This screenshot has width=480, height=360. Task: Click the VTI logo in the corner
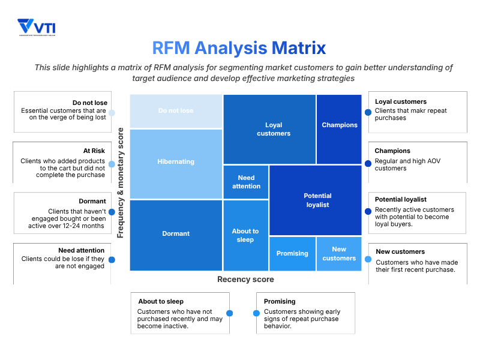37,28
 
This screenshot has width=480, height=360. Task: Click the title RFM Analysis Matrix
239,47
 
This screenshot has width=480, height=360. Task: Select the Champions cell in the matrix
340,125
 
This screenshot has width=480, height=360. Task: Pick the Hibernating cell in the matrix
176,161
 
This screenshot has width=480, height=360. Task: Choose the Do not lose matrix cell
176,111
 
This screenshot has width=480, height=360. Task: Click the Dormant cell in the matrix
176,234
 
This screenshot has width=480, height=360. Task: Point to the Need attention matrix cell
246,182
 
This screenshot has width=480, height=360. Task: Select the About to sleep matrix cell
245,235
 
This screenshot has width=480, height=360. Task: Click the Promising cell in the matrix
292,254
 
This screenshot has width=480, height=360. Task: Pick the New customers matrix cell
339,254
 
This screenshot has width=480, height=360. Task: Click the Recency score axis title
245,280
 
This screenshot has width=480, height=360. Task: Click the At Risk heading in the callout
94,151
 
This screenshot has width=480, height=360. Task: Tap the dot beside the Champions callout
368,163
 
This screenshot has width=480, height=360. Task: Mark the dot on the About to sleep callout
229,313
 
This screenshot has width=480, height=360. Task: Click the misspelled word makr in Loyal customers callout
417,111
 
